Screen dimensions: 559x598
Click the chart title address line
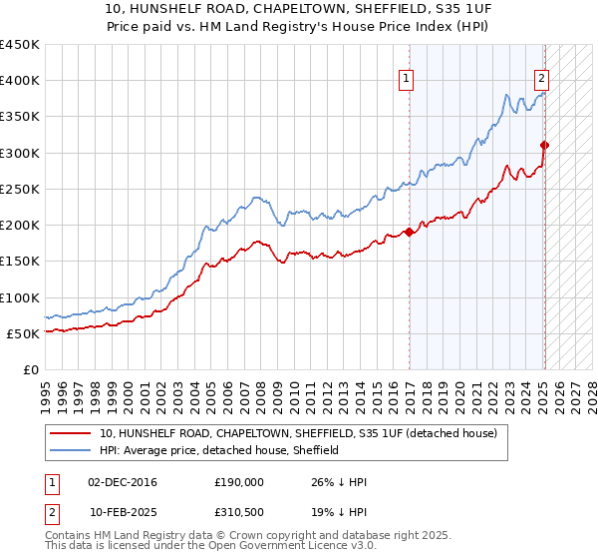(299, 7)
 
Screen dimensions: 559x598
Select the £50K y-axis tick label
(24, 333)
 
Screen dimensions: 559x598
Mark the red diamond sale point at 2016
(409, 233)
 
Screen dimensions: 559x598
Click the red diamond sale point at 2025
(544, 146)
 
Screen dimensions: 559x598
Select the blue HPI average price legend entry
(219, 450)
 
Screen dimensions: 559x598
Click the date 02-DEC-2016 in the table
(122, 482)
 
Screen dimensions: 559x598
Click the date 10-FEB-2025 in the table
(122, 512)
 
